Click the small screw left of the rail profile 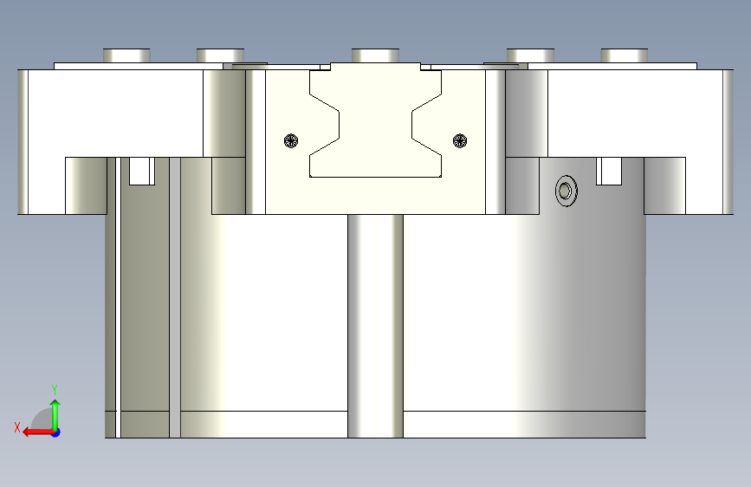tap(291, 141)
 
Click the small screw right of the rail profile tap(460, 141)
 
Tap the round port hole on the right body tap(566, 191)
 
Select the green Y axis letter tap(55, 390)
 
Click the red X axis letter tap(17, 427)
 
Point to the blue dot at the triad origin tap(56, 432)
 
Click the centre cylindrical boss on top tap(376, 55)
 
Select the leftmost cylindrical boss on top tap(126, 55)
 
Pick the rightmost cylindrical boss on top tap(624, 55)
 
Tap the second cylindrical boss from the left tap(220, 55)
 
